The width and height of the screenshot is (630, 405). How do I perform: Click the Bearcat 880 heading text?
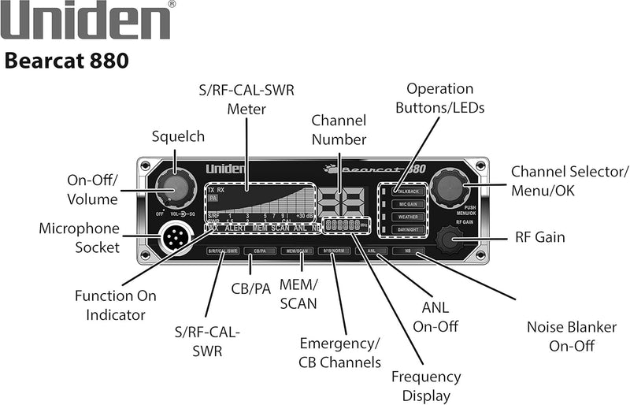66,61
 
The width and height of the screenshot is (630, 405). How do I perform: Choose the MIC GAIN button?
407,202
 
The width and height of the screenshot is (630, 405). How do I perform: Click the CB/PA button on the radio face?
258,251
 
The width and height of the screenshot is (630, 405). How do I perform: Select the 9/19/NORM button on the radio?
333,251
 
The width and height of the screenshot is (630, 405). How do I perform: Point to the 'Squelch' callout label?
179,137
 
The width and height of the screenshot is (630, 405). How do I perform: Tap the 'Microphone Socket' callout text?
80,238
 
